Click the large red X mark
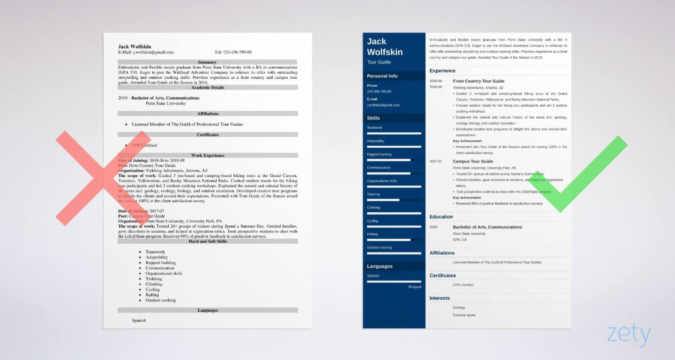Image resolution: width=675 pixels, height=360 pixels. (103, 178)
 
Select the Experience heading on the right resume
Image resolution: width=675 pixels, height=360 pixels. (442, 71)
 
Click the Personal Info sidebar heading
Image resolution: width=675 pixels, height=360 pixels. (382, 76)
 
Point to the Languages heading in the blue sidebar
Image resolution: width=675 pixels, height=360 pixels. (379, 266)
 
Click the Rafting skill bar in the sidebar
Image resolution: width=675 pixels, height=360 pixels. (394, 240)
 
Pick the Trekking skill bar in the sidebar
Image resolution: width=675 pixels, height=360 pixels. (394, 200)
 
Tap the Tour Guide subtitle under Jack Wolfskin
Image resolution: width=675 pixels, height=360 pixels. (378, 62)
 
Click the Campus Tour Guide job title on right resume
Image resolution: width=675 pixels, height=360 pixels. (472, 161)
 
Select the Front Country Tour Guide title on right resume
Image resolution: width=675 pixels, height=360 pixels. (478, 81)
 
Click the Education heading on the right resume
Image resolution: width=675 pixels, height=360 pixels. (441, 217)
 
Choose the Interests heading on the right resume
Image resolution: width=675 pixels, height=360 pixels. (439, 298)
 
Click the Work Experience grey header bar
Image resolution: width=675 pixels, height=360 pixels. (207, 155)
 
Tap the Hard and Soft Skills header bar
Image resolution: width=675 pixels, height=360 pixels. (207, 241)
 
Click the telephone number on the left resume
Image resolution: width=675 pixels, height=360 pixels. (233, 52)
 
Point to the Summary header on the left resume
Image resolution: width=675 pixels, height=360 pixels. (207, 62)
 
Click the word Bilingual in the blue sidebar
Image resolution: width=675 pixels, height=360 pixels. (414, 287)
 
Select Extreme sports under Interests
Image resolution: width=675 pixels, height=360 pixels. (464, 315)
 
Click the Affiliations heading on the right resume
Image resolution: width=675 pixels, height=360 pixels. (442, 253)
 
